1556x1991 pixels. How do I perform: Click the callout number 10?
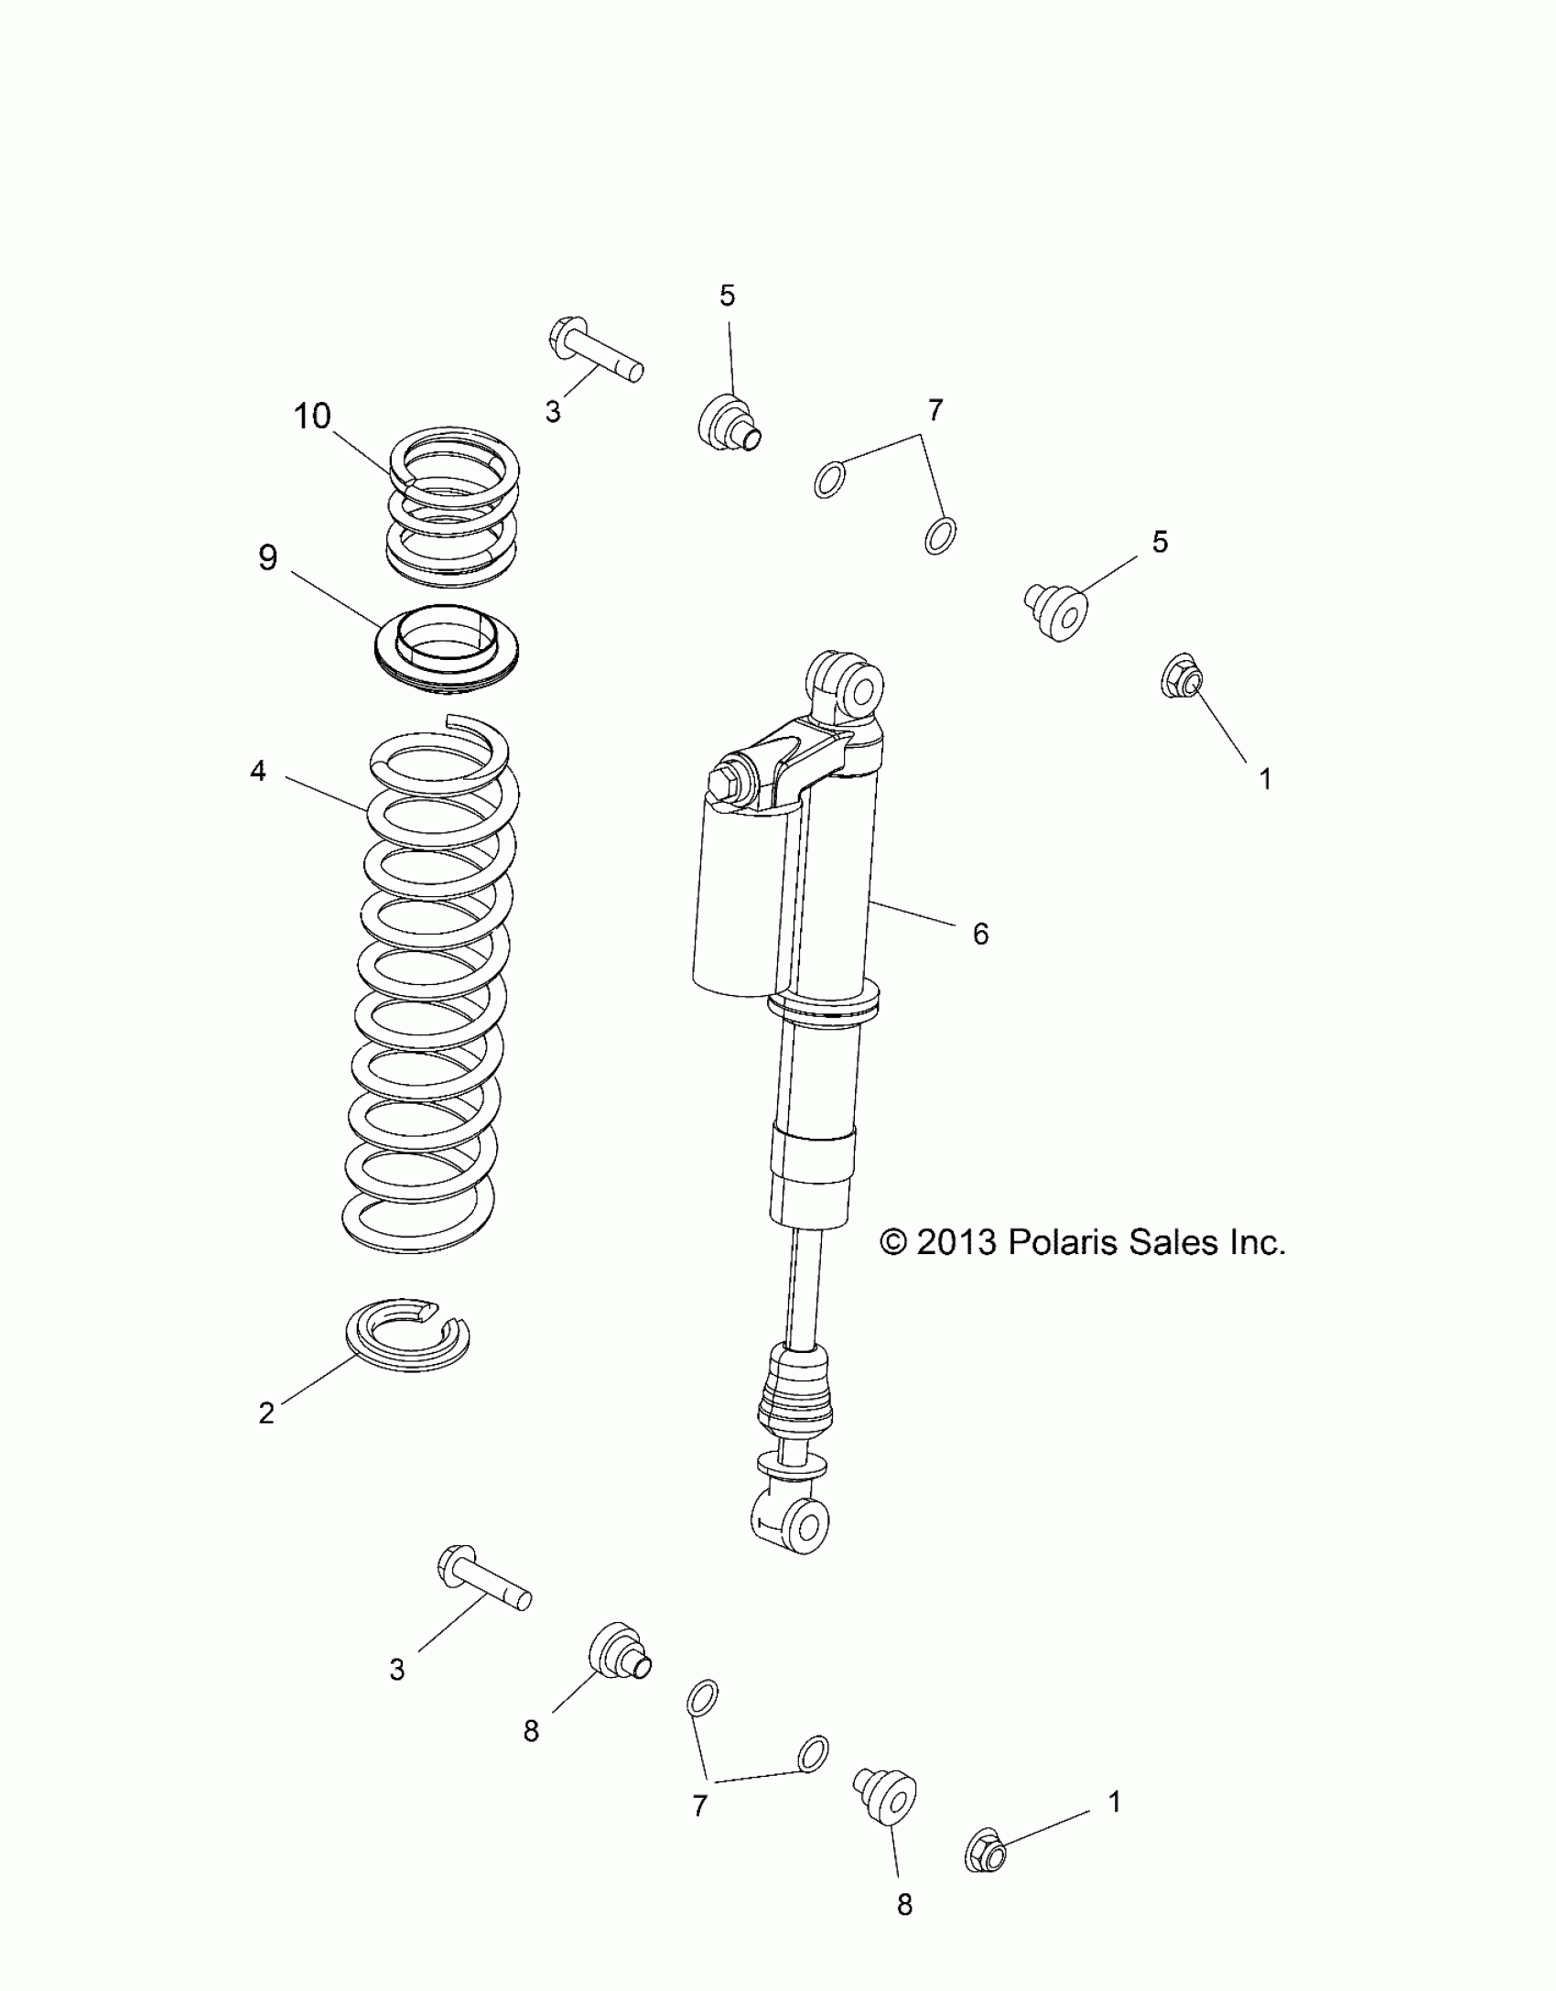311,417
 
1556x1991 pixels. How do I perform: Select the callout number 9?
267,557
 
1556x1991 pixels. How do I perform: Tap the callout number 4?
258,772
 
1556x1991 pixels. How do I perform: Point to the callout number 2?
266,1413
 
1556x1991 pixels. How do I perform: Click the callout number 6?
980,934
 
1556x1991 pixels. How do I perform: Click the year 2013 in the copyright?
955,1242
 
